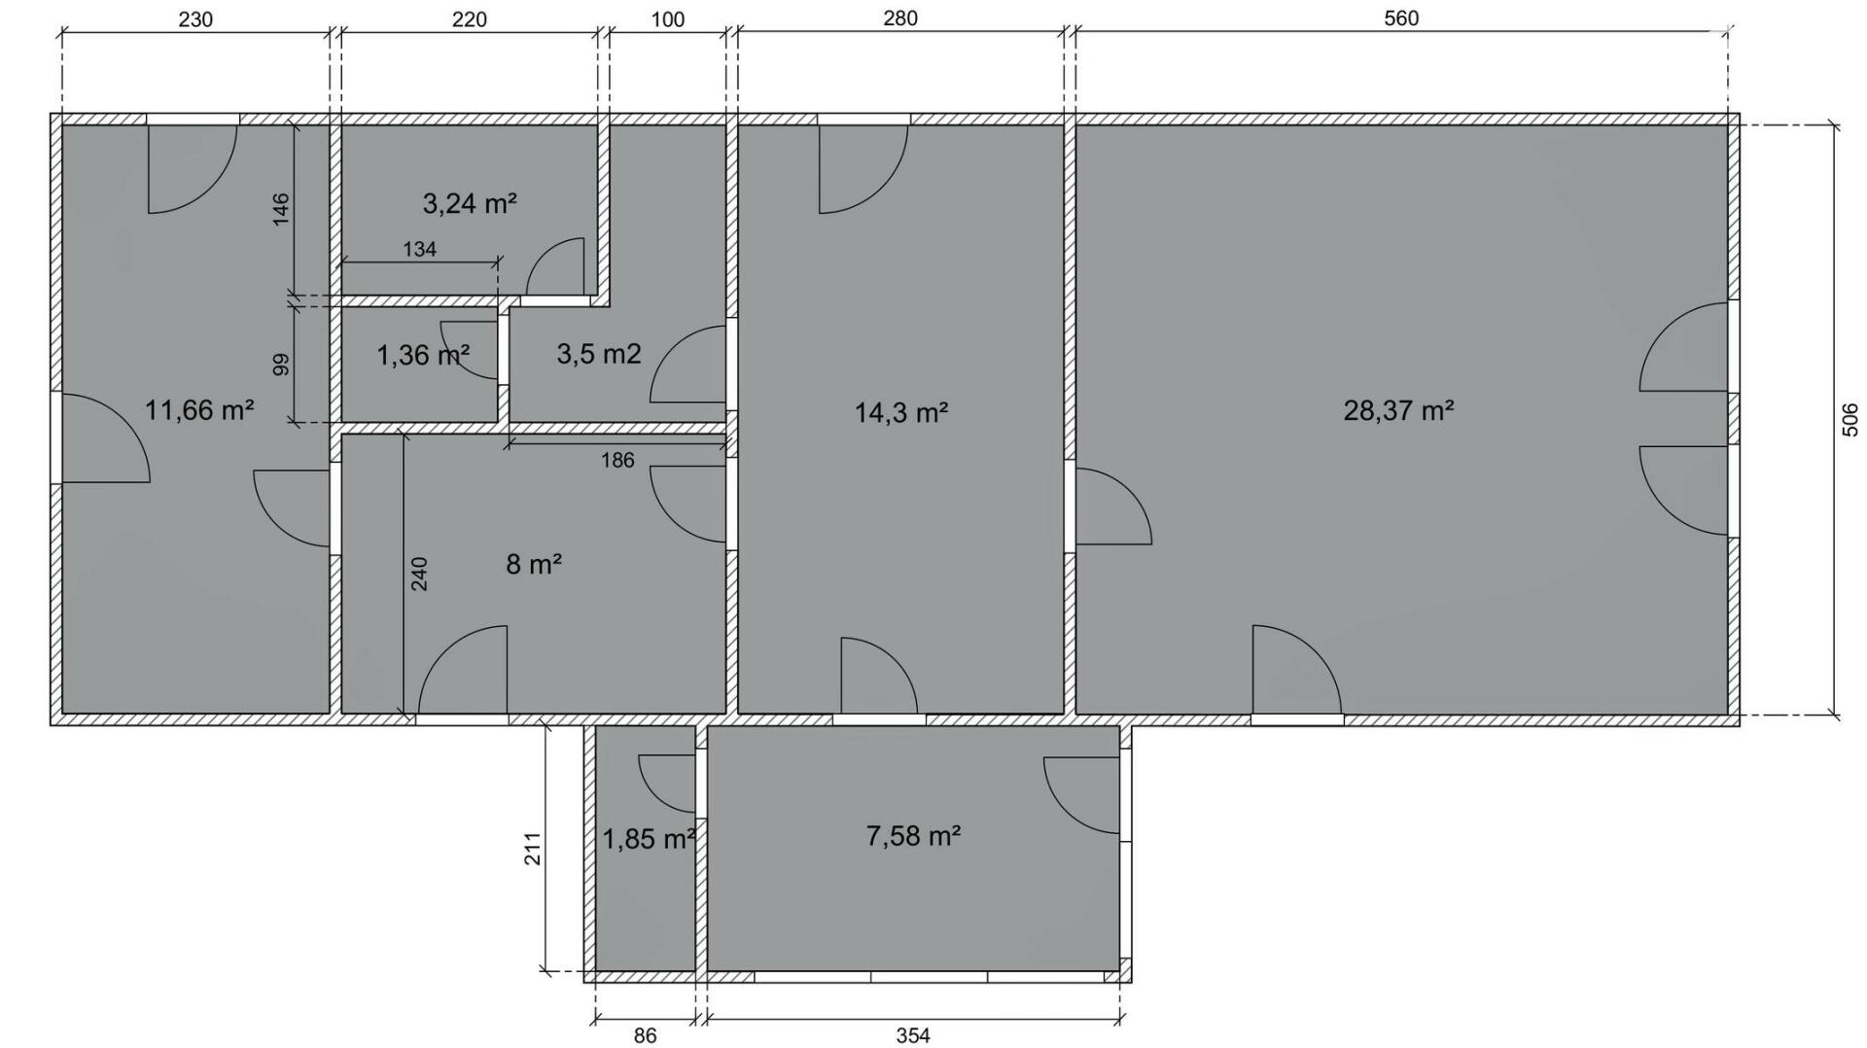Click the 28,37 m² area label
click(1398, 410)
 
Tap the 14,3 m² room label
click(901, 413)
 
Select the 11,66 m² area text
click(199, 410)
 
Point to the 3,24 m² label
click(470, 203)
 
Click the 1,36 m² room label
click(423, 355)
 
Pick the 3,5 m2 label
click(599, 354)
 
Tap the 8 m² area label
click(534, 564)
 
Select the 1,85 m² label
click(649, 839)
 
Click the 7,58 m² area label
click(913, 835)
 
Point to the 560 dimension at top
click(1401, 18)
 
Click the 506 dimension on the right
click(1850, 420)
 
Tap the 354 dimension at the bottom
click(913, 1036)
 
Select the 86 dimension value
click(645, 1036)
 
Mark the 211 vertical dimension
click(532, 849)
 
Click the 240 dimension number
click(419, 574)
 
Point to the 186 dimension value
click(617, 460)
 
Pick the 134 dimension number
click(419, 249)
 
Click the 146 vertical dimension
click(280, 209)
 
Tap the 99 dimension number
click(280, 365)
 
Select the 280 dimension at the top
click(900, 18)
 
